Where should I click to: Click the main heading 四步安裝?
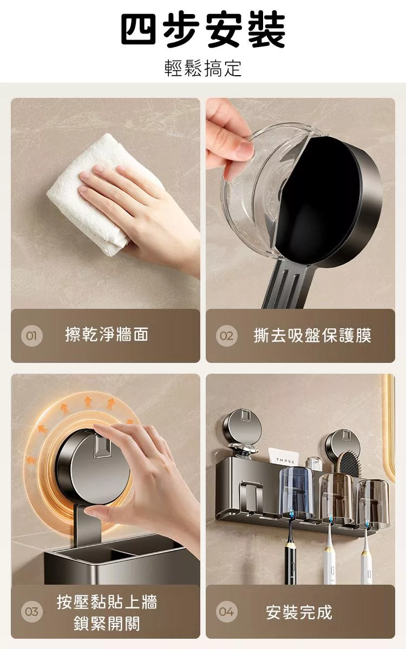pyautogui.click(x=203, y=30)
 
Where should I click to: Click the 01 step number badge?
pyautogui.click(x=31, y=336)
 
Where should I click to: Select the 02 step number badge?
pyautogui.click(x=226, y=336)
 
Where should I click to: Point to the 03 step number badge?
pyautogui.click(x=31, y=612)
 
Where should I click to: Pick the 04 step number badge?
pyautogui.click(x=226, y=612)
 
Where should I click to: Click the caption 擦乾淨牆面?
pyautogui.click(x=107, y=334)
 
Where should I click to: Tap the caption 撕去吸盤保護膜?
pyautogui.click(x=312, y=335)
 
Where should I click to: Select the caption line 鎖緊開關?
pyautogui.click(x=107, y=623)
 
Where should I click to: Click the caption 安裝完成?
pyautogui.click(x=299, y=612)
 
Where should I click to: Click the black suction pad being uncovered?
pyautogui.click(x=318, y=200)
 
